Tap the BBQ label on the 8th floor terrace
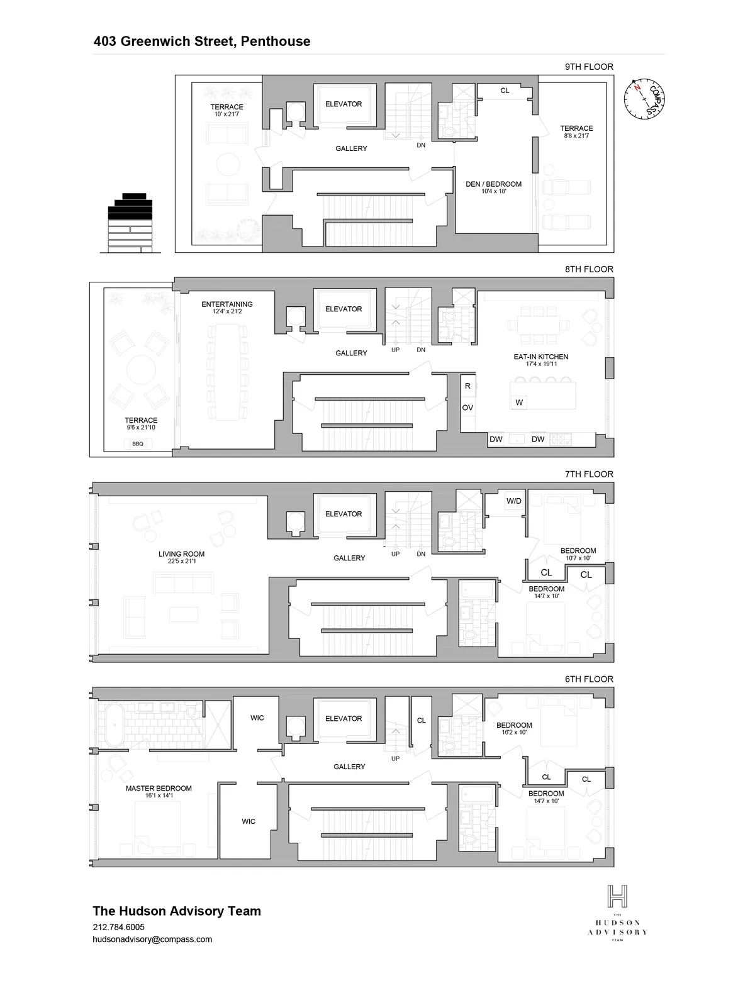click(138, 443)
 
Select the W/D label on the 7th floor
click(514, 501)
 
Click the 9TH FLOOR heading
click(589, 67)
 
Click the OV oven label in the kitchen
click(467, 408)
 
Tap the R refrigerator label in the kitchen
click(467, 386)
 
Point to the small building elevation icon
click(130, 223)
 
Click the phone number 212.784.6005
click(118, 927)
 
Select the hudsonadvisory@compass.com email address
click(152, 940)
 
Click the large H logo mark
click(617, 896)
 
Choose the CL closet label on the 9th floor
click(505, 91)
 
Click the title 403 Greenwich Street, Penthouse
click(202, 42)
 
